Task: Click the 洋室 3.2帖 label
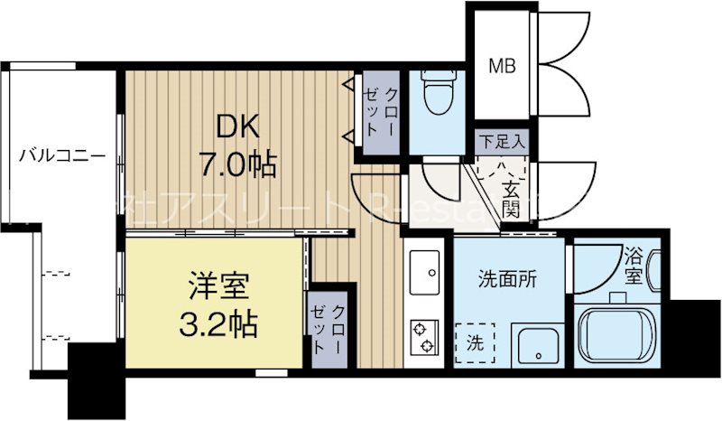221,307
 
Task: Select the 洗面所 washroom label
506,279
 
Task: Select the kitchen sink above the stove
422,268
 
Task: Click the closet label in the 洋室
329,329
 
